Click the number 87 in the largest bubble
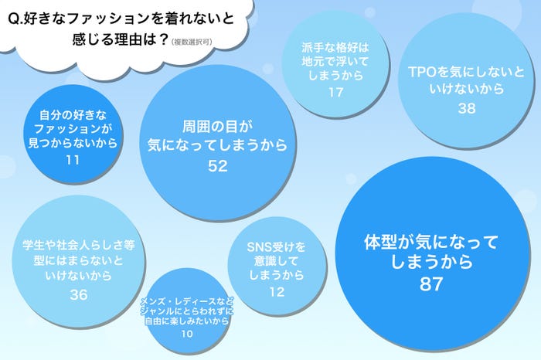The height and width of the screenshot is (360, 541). [x=430, y=284]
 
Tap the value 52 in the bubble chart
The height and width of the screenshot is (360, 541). [x=218, y=165]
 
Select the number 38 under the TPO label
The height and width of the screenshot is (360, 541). [x=466, y=109]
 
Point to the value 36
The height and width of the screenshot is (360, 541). [x=78, y=294]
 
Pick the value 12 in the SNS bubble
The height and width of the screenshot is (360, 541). [x=276, y=291]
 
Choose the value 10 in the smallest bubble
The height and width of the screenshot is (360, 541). [x=188, y=333]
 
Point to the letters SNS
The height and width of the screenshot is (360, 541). [x=260, y=247]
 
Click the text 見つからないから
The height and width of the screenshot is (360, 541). [x=73, y=144]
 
